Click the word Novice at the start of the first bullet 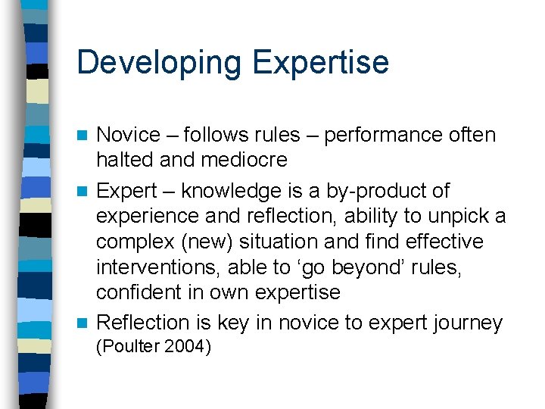[129, 136]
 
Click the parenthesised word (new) [216, 242]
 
